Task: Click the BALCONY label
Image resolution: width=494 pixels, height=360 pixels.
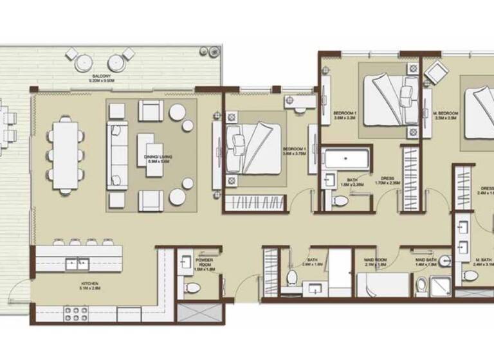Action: [101, 78]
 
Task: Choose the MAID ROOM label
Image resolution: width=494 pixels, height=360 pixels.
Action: [375, 261]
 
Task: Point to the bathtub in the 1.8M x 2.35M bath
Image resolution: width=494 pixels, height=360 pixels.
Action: [345, 159]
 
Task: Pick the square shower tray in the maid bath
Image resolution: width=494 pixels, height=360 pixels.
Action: [441, 284]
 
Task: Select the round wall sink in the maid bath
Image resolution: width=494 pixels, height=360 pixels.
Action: [444, 262]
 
